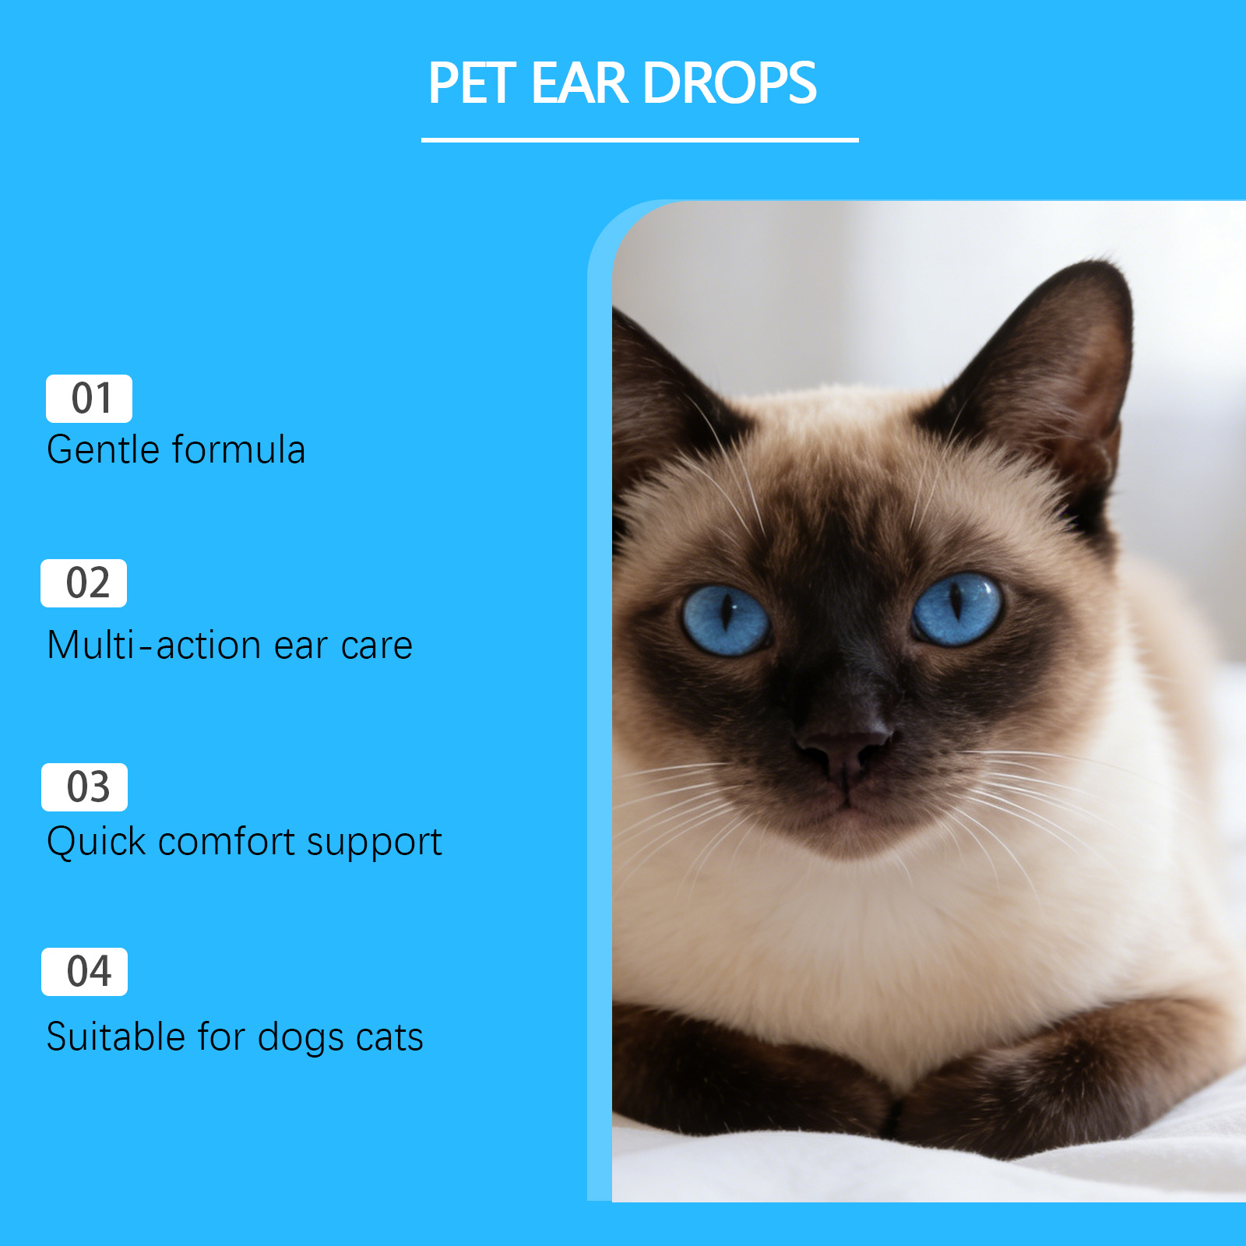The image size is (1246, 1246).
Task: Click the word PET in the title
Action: point(472,83)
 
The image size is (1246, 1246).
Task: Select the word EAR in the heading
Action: point(579,83)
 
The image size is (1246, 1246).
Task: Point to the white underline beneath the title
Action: point(639,140)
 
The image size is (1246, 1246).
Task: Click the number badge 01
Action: point(89,399)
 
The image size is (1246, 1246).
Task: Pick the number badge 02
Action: point(83,583)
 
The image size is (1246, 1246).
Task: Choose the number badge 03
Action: point(84,787)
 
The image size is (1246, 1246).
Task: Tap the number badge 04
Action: point(84,972)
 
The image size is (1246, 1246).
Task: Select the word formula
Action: point(238,450)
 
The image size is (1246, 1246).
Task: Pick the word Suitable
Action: point(115,1037)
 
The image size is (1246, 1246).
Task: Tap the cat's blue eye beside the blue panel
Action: point(726,621)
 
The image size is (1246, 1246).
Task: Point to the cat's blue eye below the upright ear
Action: point(957,609)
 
